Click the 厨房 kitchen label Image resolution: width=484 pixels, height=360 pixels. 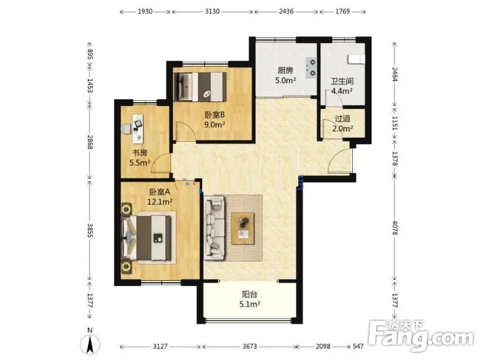coord(285,70)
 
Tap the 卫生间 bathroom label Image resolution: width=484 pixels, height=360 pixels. coord(342,81)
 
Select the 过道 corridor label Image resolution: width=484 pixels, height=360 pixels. coord(342,118)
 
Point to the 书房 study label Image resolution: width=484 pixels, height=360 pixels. coord(140,153)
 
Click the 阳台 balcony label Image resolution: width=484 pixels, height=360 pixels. coord(250,294)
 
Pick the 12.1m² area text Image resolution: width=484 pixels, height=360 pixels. coord(159,202)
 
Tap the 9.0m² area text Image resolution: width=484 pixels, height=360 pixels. coord(214,125)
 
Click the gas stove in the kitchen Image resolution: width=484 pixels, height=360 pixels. coord(311,67)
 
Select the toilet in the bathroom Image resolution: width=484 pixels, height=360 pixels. coord(356,59)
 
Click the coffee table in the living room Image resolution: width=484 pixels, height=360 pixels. coord(243,229)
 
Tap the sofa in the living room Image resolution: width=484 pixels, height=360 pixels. coord(214,228)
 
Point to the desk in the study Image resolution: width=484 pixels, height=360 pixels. coord(138,129)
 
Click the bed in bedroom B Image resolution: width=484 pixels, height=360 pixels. coord(200,87)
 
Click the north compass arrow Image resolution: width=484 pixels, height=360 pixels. coord(90,344)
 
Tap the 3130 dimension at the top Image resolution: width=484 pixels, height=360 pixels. coord(212,12)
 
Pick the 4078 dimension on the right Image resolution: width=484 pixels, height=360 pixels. coord(395,227)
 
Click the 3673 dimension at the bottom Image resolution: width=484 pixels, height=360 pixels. coord(250,347)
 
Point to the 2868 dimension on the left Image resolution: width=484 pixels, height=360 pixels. coord(90,142)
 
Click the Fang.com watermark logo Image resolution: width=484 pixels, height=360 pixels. coord(421,336)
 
